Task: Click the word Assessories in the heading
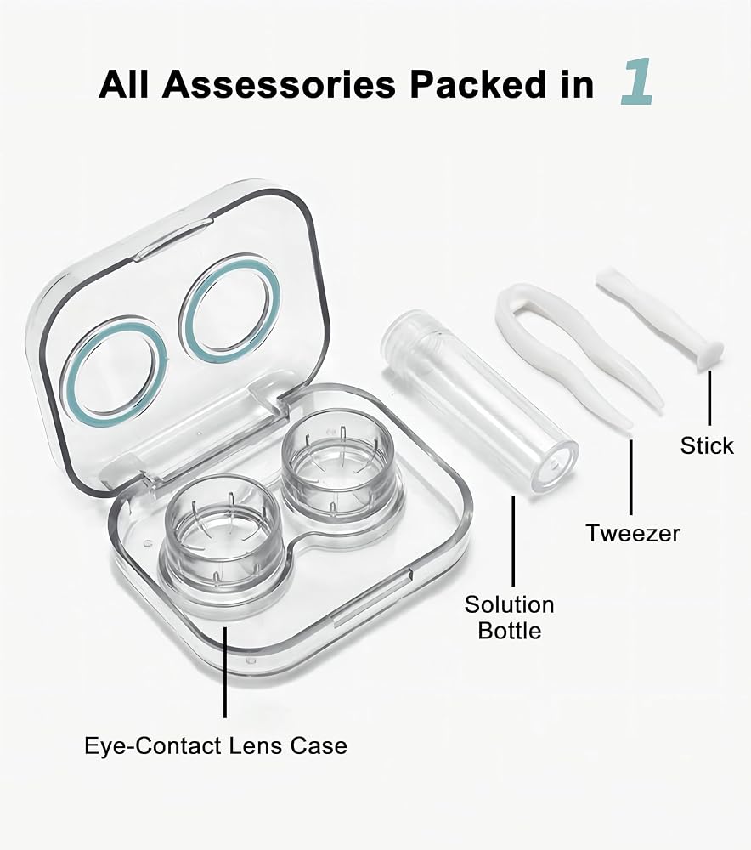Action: (279, 84)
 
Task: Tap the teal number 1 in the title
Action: (637, 82)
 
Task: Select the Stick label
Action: (707, 445)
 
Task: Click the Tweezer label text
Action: (632, 534)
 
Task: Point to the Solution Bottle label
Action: (510, 617)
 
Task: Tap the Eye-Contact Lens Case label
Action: (216, 746)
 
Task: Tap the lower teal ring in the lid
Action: (115, 372)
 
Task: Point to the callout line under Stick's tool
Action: (709, 398)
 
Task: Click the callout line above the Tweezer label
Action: (630, 477)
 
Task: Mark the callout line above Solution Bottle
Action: (512, 541)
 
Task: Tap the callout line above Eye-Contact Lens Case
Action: (225, 671)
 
